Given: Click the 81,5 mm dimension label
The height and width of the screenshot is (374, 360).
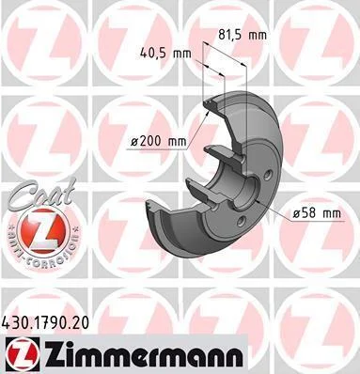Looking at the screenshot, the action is click(243, 35).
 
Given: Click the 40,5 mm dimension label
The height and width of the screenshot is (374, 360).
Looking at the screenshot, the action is click(165, 54).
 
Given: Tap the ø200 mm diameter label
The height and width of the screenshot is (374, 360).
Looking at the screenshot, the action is click(158, 142).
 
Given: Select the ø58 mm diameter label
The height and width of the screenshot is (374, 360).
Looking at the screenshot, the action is click(317, 213).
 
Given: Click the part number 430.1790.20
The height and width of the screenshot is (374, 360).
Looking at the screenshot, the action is click(45, 322).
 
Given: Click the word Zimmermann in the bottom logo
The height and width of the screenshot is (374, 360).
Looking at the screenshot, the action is click(144, 353).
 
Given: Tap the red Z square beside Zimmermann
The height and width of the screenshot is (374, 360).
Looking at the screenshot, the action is click(22, 353).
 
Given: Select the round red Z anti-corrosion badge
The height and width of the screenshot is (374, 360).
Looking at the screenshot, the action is click(43, 232).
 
